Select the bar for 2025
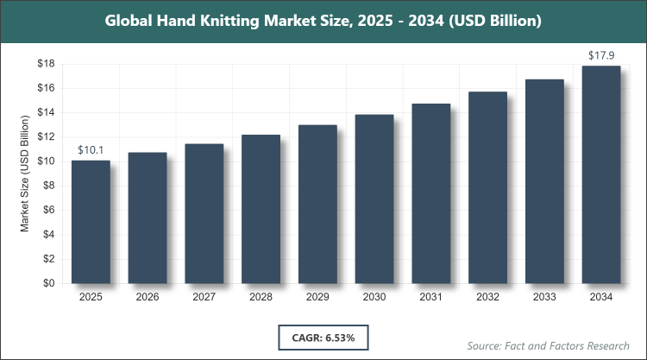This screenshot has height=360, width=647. coord(91,222)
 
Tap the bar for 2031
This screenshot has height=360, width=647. coord(430,193)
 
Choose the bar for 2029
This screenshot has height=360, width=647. coord(317,204)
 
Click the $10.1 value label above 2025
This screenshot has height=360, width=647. coord(91,149)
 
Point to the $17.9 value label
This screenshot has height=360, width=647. coord(600,56)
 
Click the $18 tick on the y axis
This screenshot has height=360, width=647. coord(47,64)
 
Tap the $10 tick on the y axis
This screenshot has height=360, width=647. coord(47,161)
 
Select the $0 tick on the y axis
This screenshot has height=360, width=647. coord(50,283)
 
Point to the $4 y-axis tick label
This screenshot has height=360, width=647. coord(50,234)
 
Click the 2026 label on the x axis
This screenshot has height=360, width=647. coord(148,297)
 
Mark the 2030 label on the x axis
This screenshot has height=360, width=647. coord(374,297)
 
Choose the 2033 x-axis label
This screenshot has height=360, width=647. coord(544,297)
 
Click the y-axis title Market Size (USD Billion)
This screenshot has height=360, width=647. coord(26,174)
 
